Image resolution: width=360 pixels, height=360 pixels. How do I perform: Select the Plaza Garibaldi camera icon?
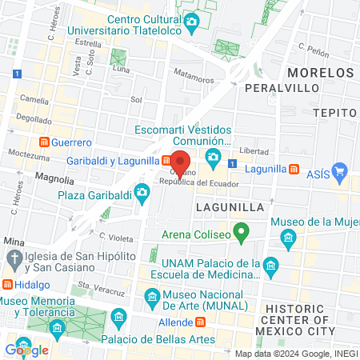click(x=142, y=192)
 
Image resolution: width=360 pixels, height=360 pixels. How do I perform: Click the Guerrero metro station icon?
click(x=45, y=142)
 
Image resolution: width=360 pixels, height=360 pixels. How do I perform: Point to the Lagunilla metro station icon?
click(x=294, y=170)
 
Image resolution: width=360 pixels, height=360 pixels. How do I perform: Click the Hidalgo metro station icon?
click(x=7, y=284)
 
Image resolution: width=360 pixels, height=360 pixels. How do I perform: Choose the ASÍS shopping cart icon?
click(x=339, y=170)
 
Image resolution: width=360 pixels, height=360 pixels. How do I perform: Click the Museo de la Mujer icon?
click(x=288, y=238)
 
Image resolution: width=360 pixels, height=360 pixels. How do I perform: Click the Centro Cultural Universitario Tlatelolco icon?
click(x=191, y=22)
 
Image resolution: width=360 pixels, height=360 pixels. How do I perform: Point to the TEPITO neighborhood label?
click(x=335, y=113)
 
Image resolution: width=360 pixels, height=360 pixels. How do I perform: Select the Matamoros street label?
click(x=194, y=79)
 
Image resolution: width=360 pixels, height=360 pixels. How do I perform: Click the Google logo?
click(x=26, y=350)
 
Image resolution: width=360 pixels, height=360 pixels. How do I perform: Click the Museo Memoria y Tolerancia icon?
click(x=57, y=327)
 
